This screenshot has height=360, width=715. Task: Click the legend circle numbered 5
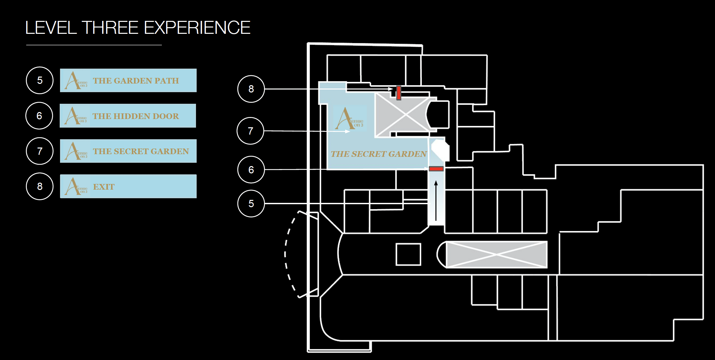[40, 80]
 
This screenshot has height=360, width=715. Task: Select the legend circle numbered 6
[39, 116]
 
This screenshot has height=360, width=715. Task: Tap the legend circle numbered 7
[40, 151]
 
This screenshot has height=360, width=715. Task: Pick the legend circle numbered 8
[40, 186]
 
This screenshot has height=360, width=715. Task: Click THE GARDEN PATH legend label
[136, 81]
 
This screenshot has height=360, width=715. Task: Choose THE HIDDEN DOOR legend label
[136, 116]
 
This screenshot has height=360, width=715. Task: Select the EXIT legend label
[104, 187]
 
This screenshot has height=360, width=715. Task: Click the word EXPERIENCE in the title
[197, 28]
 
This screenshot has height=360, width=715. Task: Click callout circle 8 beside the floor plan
[251, 89]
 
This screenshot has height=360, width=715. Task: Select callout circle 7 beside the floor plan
[250, 131]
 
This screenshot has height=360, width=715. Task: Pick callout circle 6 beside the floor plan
[251, 170]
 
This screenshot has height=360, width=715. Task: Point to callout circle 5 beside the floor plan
[251, 204]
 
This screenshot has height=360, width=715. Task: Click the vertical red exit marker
[399, 93]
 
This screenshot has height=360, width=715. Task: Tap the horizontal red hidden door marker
[436, 169]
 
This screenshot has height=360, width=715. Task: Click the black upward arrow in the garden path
[436, 201]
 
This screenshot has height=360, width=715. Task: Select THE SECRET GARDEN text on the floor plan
[379, 154]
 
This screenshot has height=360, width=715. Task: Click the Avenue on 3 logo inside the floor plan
[349, 119]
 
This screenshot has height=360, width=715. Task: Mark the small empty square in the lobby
[408, 254]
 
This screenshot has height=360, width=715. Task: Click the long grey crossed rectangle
[496, 254]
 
